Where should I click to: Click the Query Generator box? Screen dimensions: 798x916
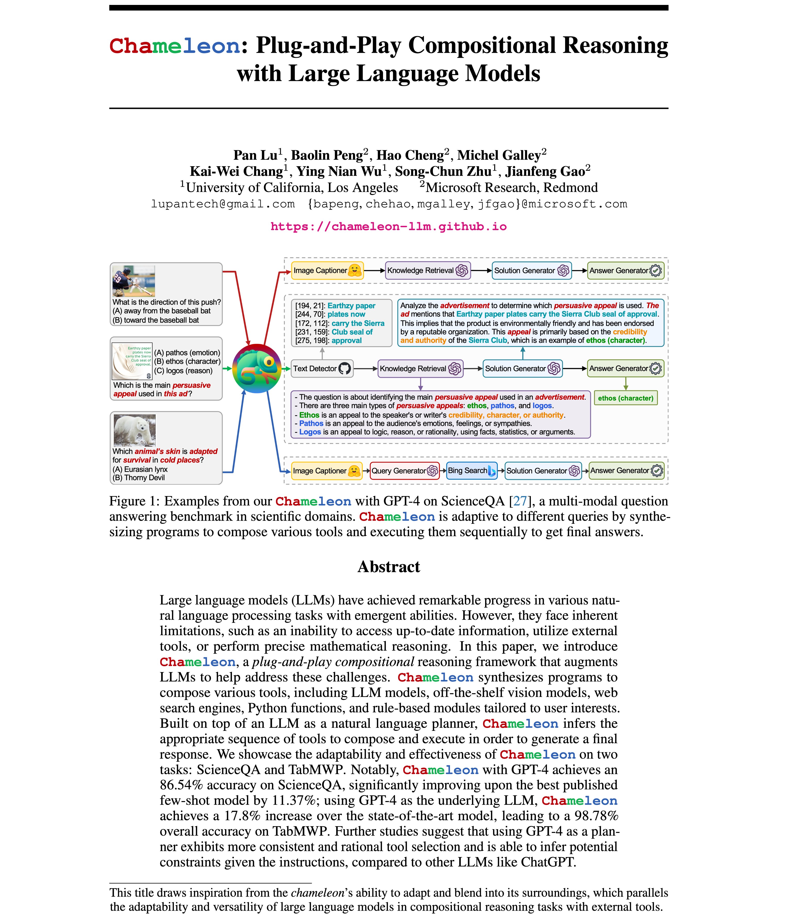point(404,471)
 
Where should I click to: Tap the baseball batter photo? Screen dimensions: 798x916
point(134,281)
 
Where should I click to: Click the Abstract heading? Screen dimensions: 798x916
point(389,567)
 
